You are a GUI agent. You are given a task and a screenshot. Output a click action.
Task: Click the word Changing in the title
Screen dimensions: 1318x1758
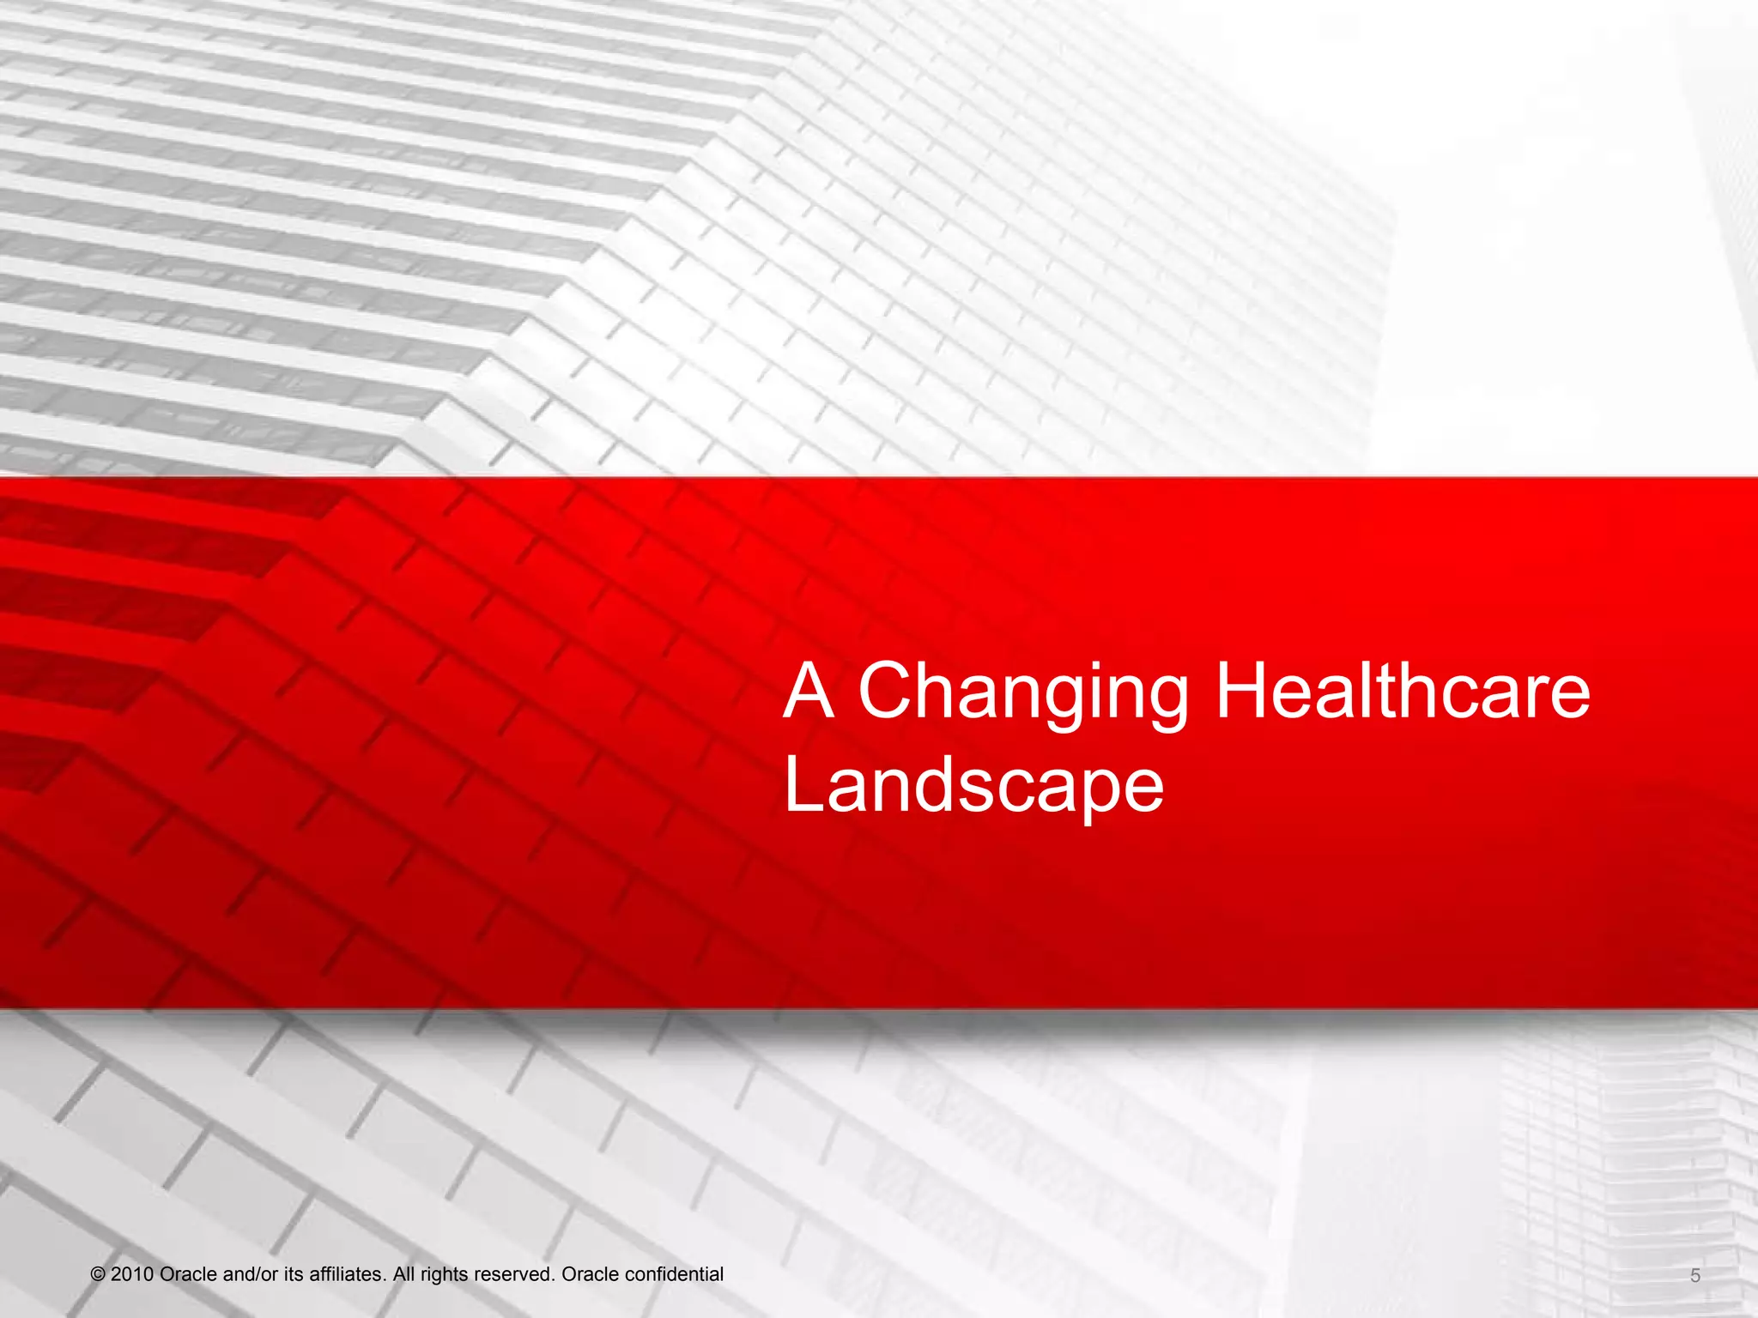[x=1023, y=693]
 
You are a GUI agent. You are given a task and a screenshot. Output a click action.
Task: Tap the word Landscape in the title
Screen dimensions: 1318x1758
[x=973, y=786]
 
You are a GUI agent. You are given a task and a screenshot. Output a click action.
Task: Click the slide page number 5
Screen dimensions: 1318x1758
[x=1695, y=1276]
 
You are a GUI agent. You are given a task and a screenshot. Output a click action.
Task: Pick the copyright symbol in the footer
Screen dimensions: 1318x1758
[x=98, y=1275]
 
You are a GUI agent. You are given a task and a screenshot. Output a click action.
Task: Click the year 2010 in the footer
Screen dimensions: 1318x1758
[x=133, y=1274]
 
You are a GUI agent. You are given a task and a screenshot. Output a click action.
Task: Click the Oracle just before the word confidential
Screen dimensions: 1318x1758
[x=591, y=1274]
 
